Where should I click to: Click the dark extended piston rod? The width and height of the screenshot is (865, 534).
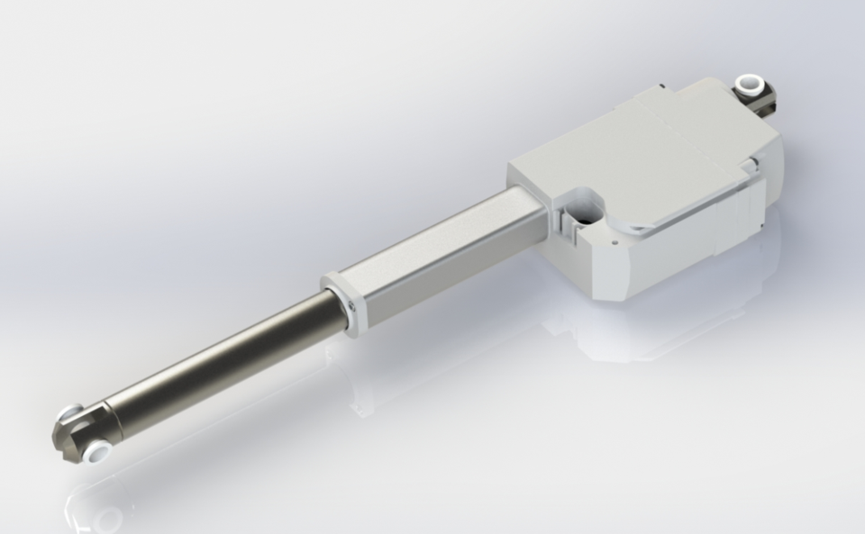(x=225, y=360)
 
